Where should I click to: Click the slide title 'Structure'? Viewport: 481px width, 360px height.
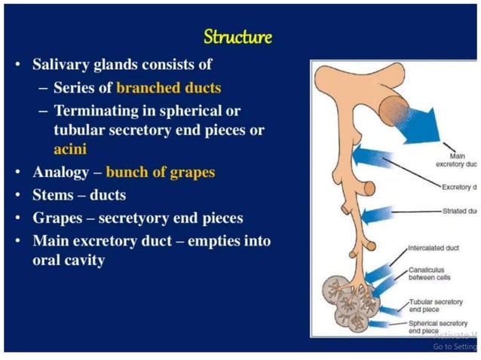[238, 36]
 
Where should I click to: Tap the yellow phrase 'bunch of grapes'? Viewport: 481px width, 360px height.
[160, 172]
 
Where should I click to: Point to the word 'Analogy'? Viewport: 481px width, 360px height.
[61, 172]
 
